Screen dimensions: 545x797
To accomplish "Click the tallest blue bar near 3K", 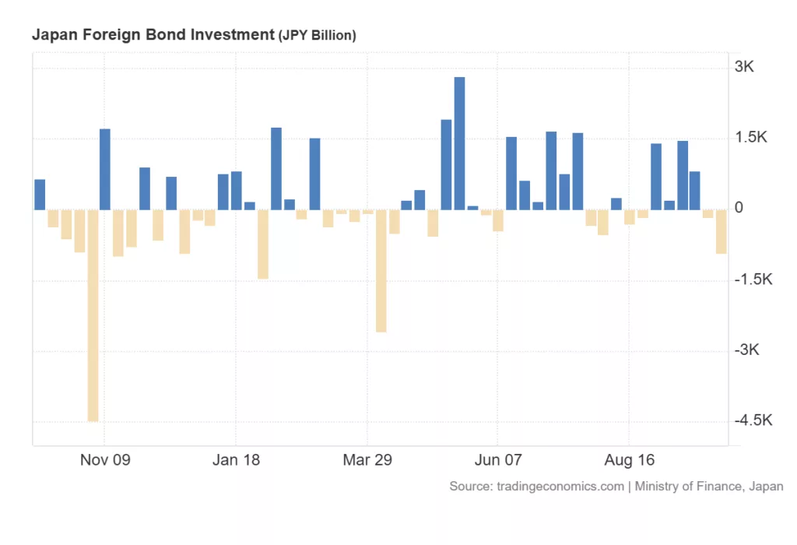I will tap(459, 143).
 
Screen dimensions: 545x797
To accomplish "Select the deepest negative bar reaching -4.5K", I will tap(93, 315).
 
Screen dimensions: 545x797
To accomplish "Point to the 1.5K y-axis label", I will tap(750, 138).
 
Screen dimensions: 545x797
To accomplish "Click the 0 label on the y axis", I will tap(739, 209).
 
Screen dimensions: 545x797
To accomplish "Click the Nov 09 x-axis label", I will tap(105, 460).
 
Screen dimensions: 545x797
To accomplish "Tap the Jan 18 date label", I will tap(236, 460).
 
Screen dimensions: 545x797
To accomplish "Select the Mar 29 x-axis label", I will tap(367, 460).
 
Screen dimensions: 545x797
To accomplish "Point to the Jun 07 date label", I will tap(497, 460).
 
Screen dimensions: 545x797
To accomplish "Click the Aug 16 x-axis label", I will tap(629, 460).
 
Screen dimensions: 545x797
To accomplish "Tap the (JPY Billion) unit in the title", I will tap(317, 36).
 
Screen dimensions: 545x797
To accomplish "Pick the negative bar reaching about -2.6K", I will tap(381, 271).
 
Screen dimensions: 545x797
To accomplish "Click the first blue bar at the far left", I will tap(40, 195).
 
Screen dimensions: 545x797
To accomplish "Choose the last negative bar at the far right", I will tap(722, 231).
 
